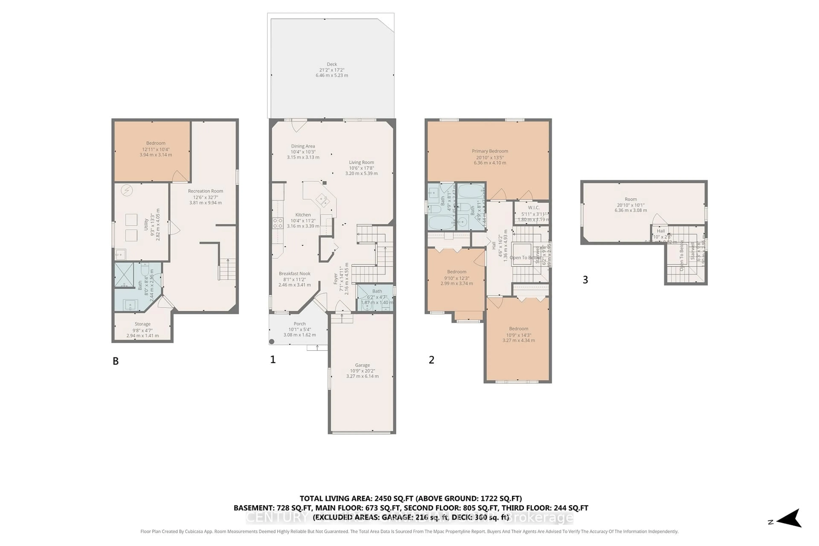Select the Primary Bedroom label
tap(490, 151)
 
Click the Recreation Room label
tap(205, 191)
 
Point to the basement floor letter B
tap(116, 361)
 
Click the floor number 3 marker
tap(585, 280)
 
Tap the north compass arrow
tap(790, 521)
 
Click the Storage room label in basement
tap(142, 324)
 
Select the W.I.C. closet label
tap(533, 208)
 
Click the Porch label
tap(299, 324)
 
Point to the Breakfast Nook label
tap(295, 274)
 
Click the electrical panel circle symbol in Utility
tap(127, 190)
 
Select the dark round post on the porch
tap(272, 342)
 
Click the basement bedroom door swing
tap(179, 177)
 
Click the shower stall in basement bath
tap(124, 275)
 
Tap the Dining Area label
tap(303, 146)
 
